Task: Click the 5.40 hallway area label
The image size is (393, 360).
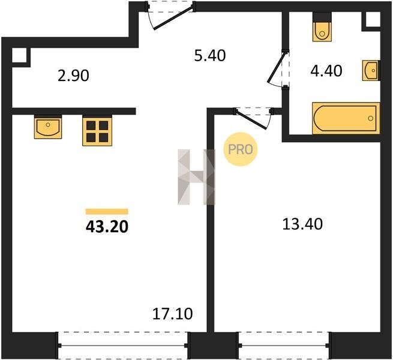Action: click(x=210, y=56)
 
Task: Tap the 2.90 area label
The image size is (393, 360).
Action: click(x=73, y=76)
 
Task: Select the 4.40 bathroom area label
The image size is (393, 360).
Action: click(x=326, y=71)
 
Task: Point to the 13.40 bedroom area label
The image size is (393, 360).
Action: click(x=302, y=224)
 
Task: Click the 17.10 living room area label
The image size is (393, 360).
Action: click(x=172, y=314)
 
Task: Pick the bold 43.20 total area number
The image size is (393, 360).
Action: click(x=107, y=227)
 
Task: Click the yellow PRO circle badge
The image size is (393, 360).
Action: click(x=241, y=149)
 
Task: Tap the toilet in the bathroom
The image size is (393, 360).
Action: click(x=322, y=27)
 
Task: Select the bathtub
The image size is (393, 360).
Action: click(x=346, y=118)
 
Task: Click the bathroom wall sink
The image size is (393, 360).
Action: click(x=371, y=70)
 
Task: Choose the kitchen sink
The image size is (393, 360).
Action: click(x=48, y=127)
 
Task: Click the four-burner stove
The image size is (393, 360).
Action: click(x=97, y=131)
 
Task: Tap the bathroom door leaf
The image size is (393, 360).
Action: click(x=276, y=67)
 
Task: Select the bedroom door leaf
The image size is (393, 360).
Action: click(x=251, y=119)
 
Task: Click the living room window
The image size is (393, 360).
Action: click(x=123, y=346)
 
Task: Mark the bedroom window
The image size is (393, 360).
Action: click(x=283, y=346)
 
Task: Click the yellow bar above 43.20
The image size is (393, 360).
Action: click(x=107, y=212)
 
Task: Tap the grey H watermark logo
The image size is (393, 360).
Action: click(x=197, y=177)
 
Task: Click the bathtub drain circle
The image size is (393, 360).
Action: click(x=370, y=118)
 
